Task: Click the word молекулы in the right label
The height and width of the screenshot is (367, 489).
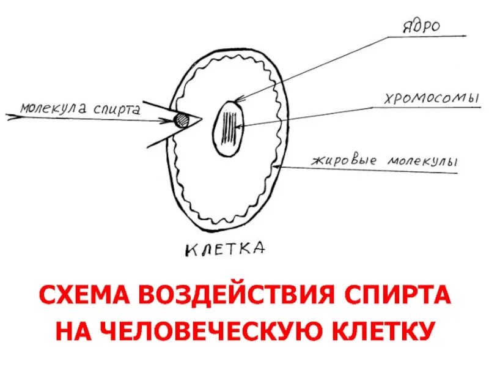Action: (x=422, y=161)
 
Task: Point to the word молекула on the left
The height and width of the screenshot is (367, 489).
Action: (x=54, y=108)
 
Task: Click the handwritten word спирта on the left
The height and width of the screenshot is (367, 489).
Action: (x=117, y=109)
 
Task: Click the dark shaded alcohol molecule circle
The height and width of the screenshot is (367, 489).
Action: (x=182, y=119)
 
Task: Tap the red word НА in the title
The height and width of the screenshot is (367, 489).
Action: (x=72, y=330)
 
